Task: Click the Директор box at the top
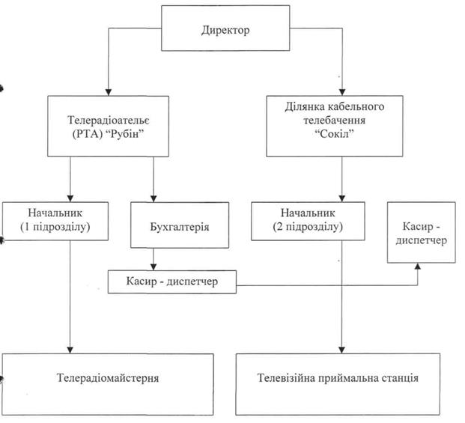click(225, 31)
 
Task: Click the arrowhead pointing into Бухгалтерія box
click(154, 198)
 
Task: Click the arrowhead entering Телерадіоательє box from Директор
click(108, 91)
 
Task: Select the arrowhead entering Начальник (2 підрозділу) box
click(342, 198)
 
